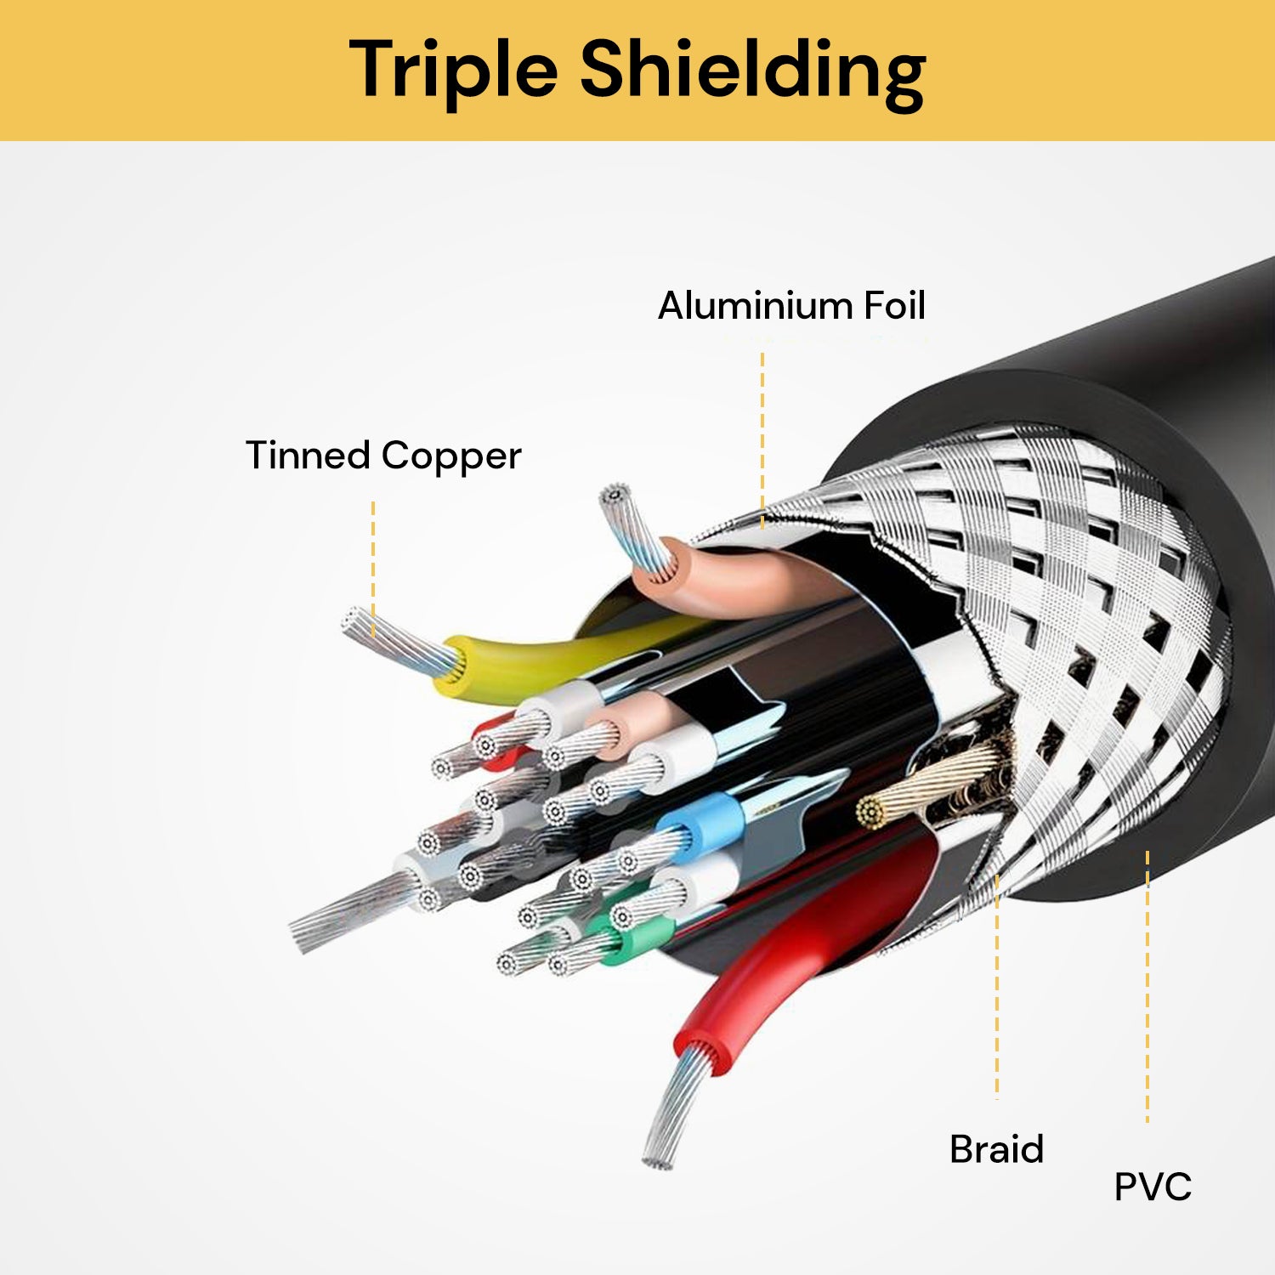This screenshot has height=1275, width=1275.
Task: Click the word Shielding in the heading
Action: coord(752,71)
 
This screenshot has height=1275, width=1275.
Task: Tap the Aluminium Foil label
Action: coord(791,305)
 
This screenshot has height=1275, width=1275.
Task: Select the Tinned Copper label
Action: coord(382,456)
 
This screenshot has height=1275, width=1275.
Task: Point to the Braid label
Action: coord(996,1149)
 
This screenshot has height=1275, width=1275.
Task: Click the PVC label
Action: coord(1153,1187)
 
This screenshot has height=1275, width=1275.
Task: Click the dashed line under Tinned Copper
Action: coord(372,568)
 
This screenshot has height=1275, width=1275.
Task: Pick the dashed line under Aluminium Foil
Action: coord(762,439)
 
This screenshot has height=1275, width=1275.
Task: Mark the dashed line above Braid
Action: coord(996,986)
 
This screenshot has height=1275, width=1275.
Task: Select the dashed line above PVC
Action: coord(1147,986)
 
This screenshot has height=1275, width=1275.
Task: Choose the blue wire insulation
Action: coord(701,822)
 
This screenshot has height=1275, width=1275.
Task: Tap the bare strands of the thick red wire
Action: coord(676,1105)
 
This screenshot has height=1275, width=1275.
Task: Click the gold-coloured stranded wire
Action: coord(926,786)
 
